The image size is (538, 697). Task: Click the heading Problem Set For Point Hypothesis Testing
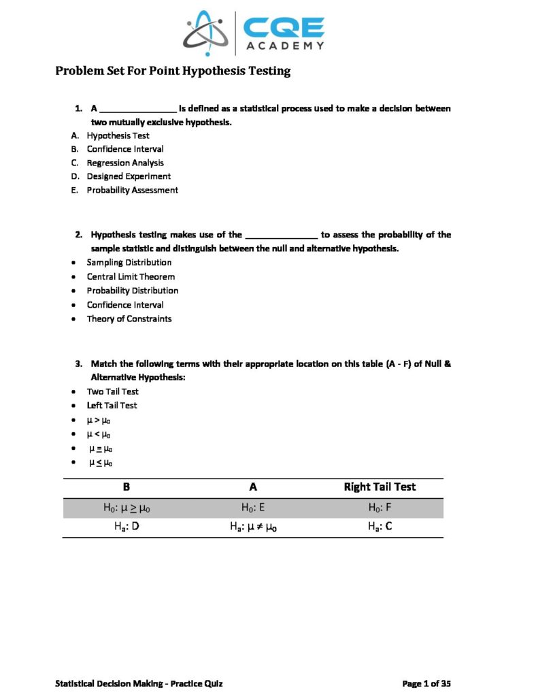tap(173, 71)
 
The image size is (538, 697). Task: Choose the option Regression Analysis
tap(124, 163)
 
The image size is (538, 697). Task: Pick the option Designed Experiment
tap(129, 176)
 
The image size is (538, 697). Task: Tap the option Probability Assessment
tap(132, 190)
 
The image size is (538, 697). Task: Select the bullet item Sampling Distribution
tap(129, 262)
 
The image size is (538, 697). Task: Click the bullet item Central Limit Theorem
tap(131, 276)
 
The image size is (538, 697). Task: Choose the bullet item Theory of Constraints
tap(129, 319)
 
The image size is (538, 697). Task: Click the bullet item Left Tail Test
tap(112, 405)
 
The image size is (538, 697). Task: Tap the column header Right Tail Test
tap(380, 487)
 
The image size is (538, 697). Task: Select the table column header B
tap(126, 487)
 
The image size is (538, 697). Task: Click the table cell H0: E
tap(253, 507)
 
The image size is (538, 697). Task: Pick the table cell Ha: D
tap(126, 525)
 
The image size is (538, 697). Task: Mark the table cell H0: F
tap(380, 507)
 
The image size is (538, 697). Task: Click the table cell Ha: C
tap(380, 525)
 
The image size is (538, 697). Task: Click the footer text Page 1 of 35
tap(426, 683)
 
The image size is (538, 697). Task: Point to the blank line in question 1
tap(138, 109)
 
